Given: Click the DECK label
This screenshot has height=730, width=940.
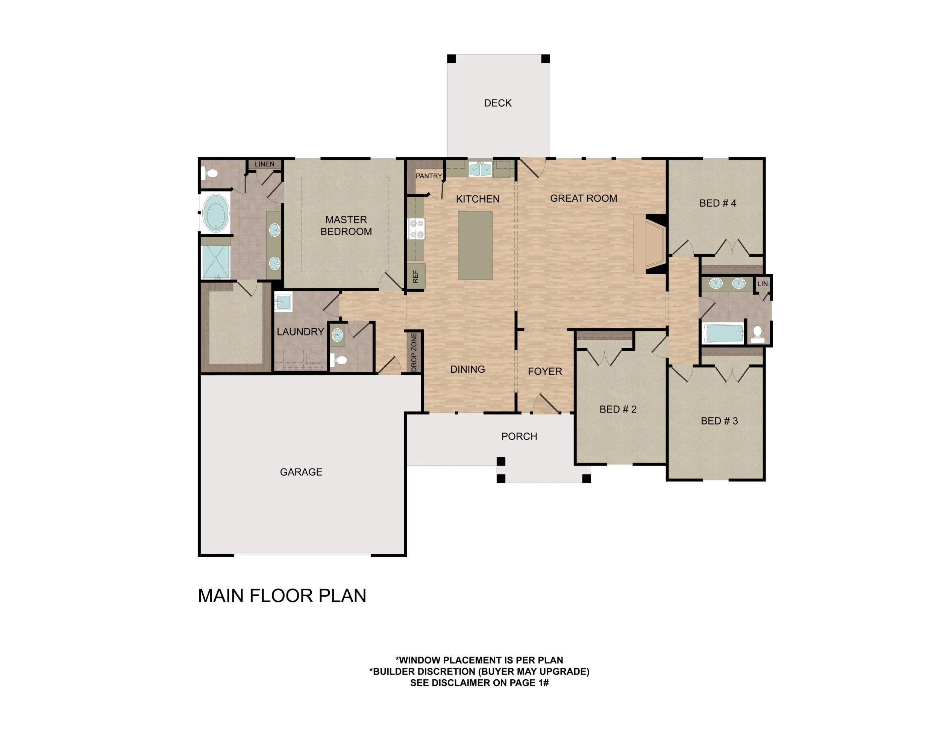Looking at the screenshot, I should pyautogui.click(x=497, y=103).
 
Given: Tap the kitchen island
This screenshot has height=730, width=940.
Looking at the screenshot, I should pyautogui.click(x=475, y=245).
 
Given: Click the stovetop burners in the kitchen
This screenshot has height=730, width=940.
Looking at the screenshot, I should pyautogui.click(x=416, y=229).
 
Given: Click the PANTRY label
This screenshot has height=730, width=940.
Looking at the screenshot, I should pyautogui.click(x=429, y=176).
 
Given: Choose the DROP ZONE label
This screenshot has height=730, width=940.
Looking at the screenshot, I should pyautogui.click(x=414, y=352).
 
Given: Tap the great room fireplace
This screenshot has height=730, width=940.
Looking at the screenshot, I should pyautogui.click(x=650, y=244).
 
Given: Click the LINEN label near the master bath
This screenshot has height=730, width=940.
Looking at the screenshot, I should pyautogui.click(x=264, y=164).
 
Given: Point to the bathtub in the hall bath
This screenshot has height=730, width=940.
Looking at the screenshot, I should pyautogui.click(x=723, y=333).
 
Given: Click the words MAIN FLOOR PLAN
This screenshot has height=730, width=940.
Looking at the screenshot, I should pyautogui.click(x=282, y=596).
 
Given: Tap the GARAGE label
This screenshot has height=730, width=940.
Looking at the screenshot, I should pyautogui.click(x=301, y=472).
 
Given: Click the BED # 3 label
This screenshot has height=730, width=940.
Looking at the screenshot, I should pyautogui.click(x=719, y=421).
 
